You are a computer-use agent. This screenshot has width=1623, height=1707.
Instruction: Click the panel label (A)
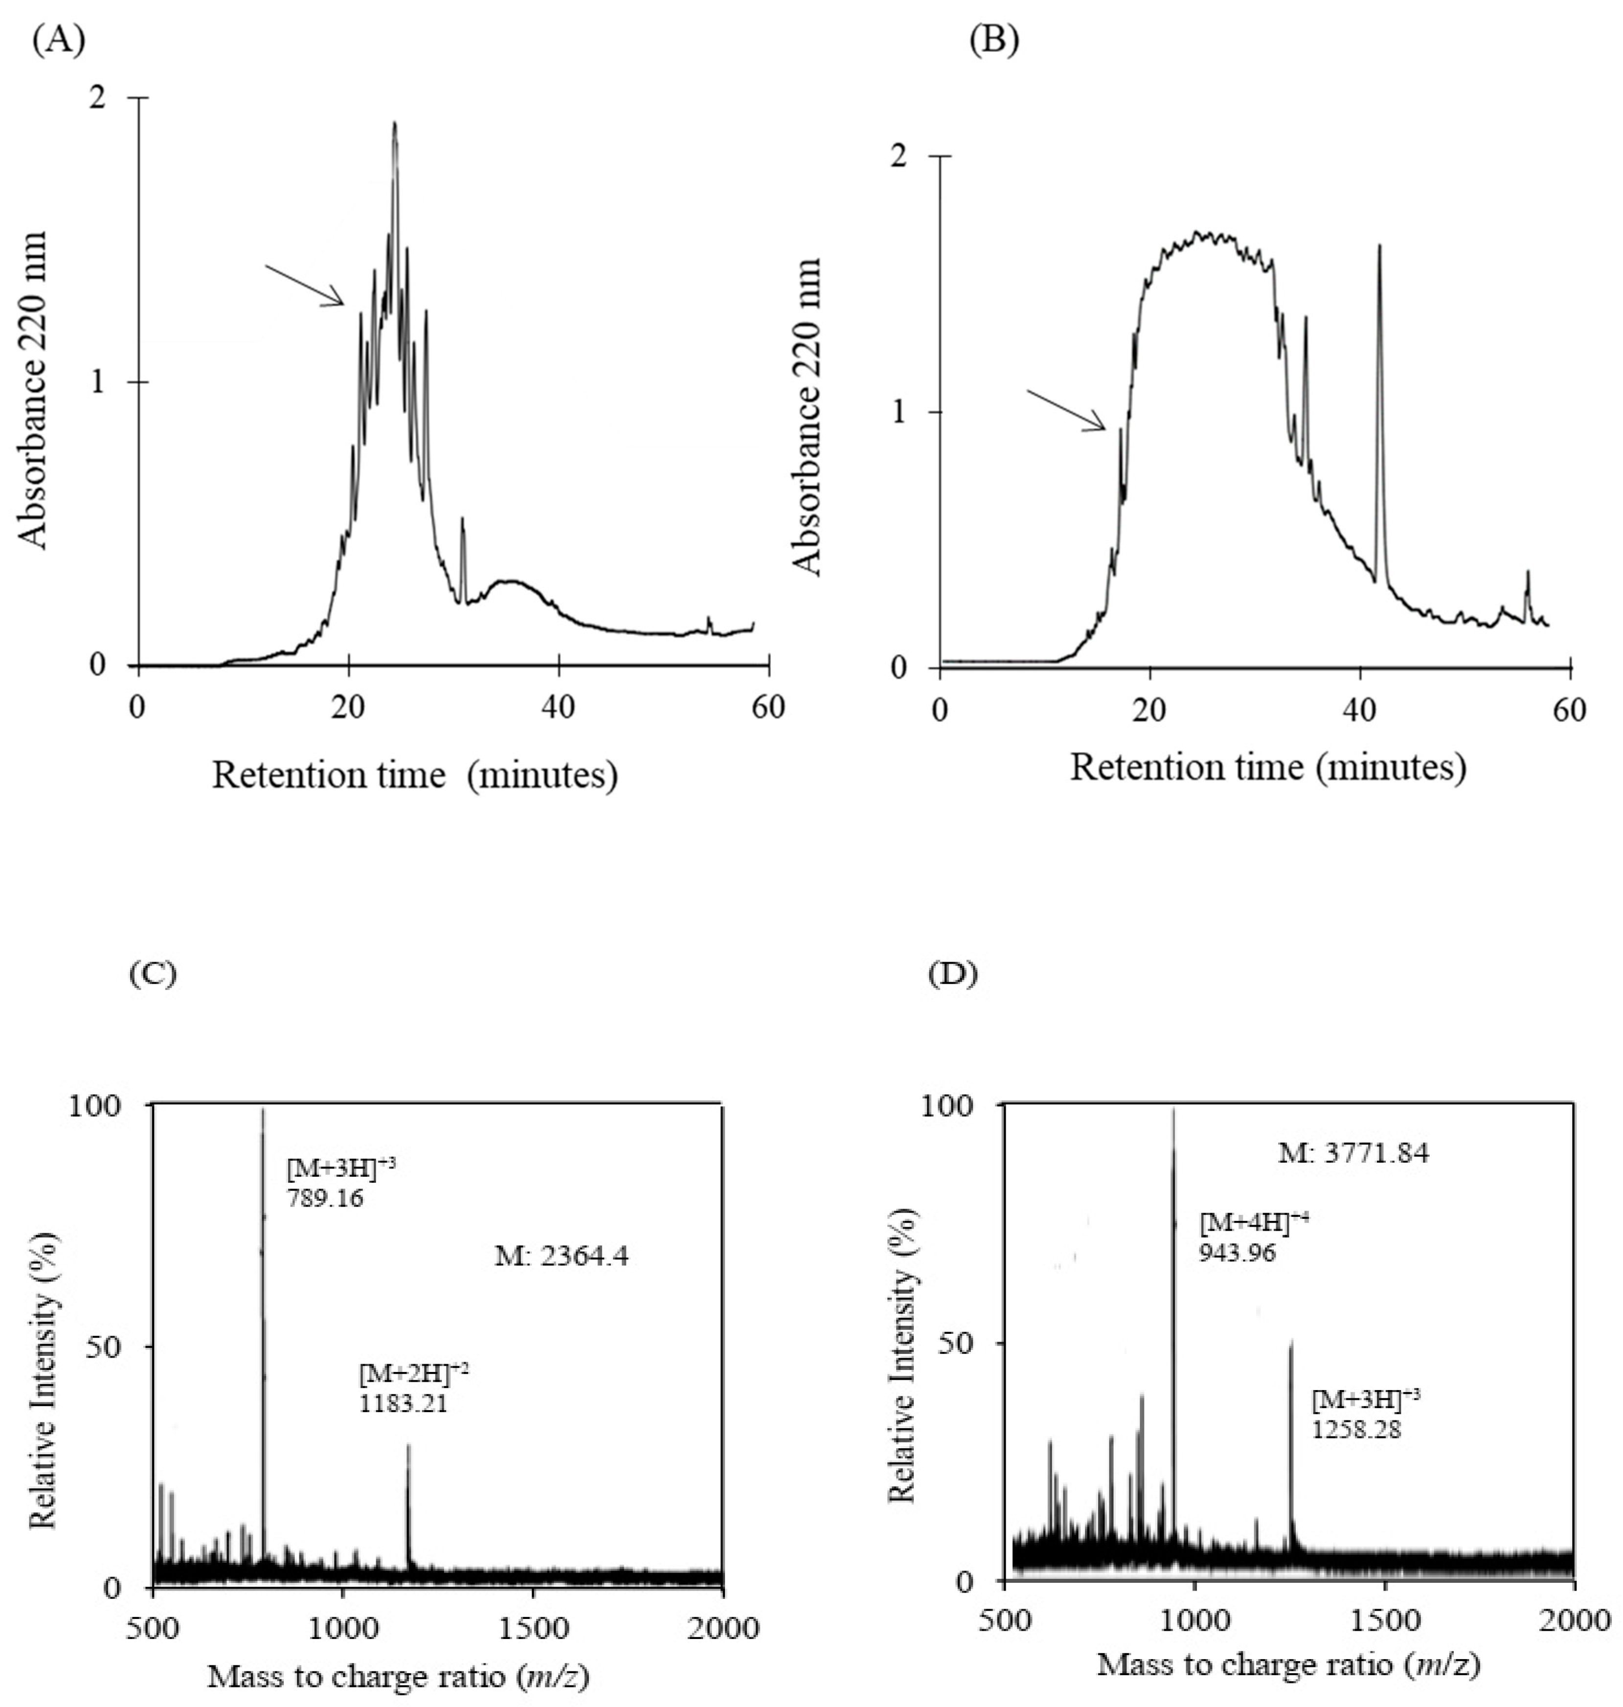click(59, 41)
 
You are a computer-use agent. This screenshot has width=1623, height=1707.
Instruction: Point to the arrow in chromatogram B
click(1066, 409)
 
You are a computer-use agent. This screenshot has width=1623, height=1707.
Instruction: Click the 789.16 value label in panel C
click(324, 1198)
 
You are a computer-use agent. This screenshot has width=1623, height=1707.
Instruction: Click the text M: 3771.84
click(1353, 1153)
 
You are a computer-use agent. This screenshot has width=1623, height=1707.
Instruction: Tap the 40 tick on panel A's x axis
click(558, 708)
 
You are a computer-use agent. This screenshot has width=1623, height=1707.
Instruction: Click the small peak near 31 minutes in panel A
click(463, 522)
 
